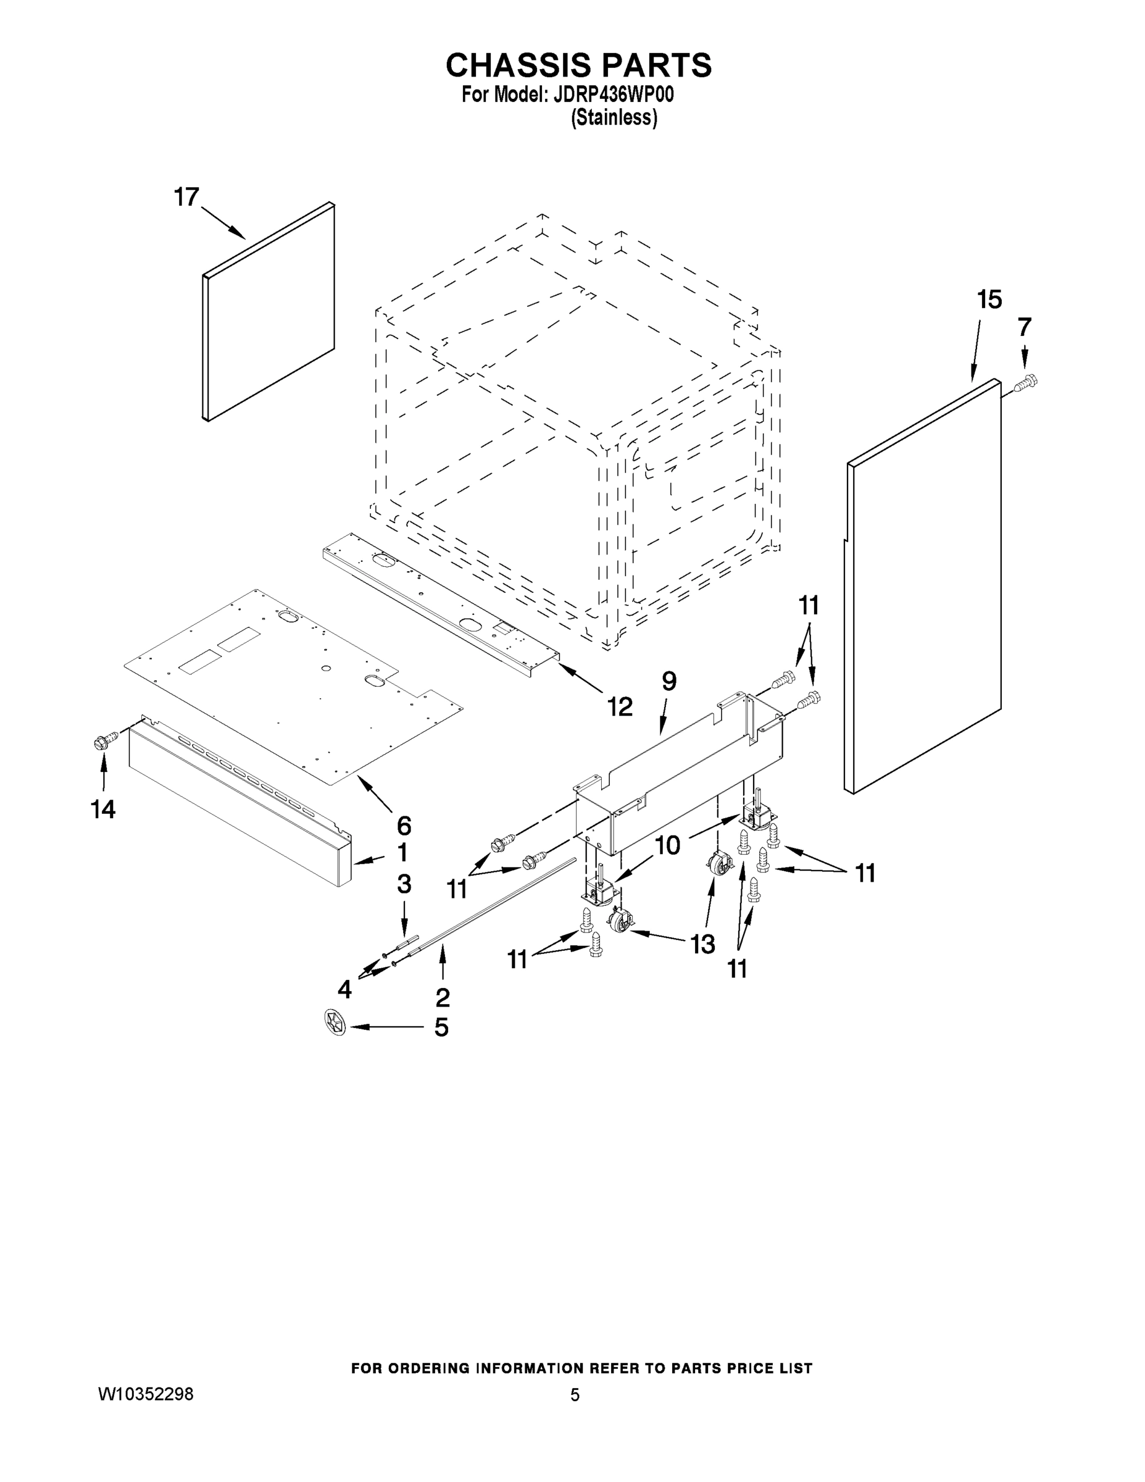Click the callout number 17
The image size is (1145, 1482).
(x=186, y=198)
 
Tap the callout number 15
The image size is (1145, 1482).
(x=989, y=299)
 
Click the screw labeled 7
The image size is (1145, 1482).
(x=1027, y=384)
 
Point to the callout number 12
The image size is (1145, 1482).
(x=619, y=706)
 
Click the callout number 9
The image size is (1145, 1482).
(x=669, y=680)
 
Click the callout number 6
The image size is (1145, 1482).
(x=404, y=826)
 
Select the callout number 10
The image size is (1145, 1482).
(x=667, y=845)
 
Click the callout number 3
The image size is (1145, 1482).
(x=404, y=884)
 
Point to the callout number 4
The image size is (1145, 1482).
(x=344, y=989)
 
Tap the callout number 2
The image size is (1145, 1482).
(x=443, y=997)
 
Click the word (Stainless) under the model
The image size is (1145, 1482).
(x=614, y=118)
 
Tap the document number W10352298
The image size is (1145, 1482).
(x=146, y=1394)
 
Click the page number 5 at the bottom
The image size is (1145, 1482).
(x=575, y=1395)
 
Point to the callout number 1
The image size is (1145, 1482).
(x=402, y=852)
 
